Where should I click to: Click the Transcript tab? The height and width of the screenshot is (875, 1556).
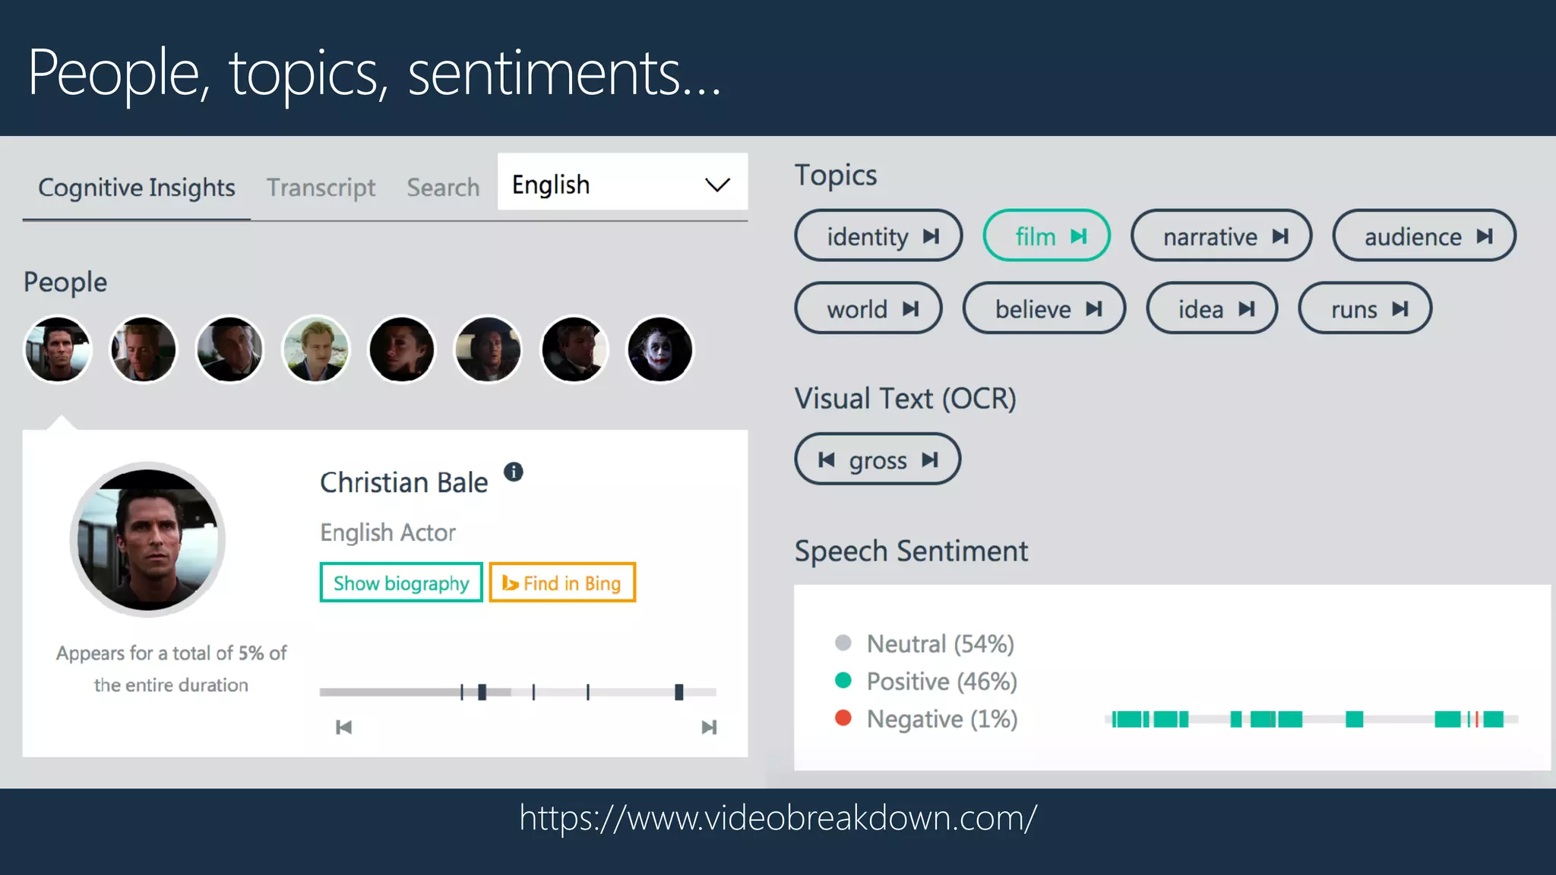click(x=321, y=188)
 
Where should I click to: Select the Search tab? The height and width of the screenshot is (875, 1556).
click(x=443, y=188)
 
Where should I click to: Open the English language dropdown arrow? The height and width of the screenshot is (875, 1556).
click(x=716, y=185)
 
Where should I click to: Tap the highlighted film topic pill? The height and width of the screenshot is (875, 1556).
click(x=1046, y=236)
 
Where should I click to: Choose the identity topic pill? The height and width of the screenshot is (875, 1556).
click(x=878, y=236)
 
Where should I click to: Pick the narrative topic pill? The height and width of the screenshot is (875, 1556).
click(x=1221, y=236)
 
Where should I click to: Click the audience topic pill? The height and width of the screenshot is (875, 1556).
click(x=1424, y=236)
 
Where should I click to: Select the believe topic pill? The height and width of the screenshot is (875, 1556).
click(x=1044, y=309)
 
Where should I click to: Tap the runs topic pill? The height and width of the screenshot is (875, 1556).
click(x=1365, y=309)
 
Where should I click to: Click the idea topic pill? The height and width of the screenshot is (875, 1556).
click(x=1212, y=309)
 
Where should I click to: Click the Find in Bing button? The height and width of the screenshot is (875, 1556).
click(x=562, y=583)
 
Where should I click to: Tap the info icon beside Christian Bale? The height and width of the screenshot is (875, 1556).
click(x=514, y=472)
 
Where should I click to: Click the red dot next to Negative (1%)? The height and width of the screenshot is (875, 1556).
click(x=843, y=718)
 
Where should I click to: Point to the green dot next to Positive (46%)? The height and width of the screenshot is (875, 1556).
click(x=843, y=681)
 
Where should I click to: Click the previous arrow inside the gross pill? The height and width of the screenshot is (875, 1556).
click(x=827, y=460)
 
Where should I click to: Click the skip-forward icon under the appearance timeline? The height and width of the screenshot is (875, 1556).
click(x=708, y=728)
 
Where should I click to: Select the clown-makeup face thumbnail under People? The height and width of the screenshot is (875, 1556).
click(x=659, y=349)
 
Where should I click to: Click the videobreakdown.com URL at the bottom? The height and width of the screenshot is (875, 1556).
click(x=778, y=818)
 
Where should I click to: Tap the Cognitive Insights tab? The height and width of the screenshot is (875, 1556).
click(x=137, y=188)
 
